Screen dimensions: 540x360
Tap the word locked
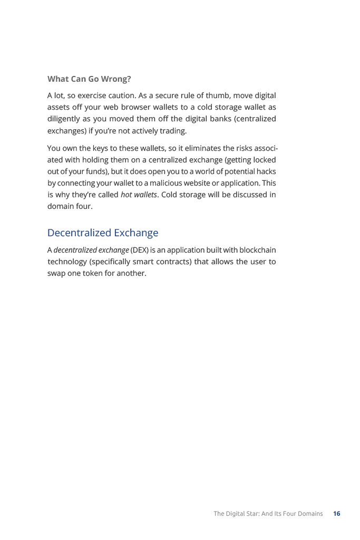click(x=262, y=160)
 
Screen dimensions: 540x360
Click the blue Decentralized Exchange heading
click(x=103, y=233)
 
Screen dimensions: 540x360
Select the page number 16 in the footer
click(x=336, y=514)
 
